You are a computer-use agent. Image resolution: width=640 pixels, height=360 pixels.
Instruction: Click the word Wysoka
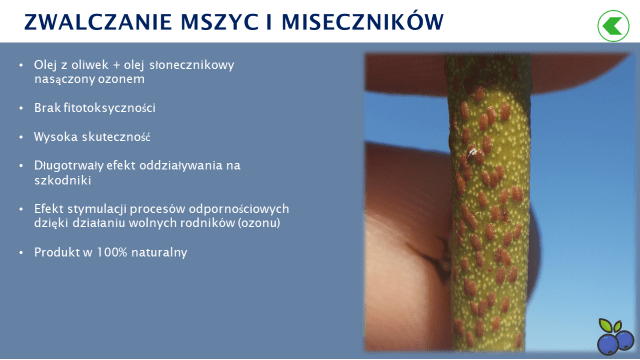coord(53,136)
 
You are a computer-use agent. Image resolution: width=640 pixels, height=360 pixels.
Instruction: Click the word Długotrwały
coord(68,165)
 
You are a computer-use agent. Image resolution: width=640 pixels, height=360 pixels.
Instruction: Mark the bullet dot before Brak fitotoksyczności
coord(21,107)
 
